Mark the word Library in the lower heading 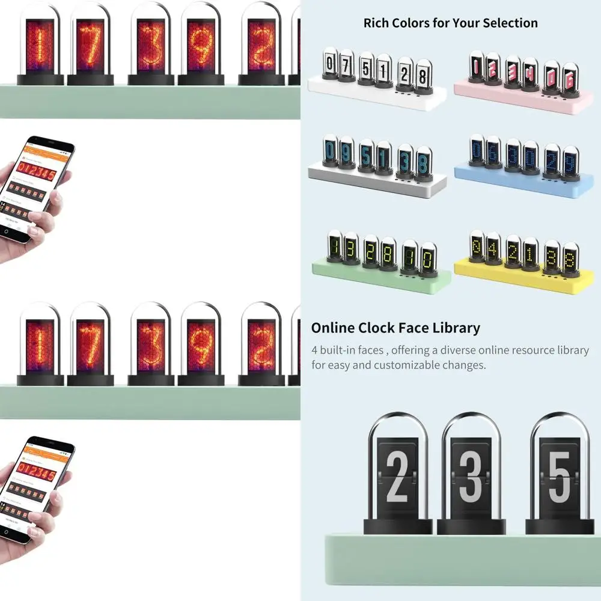click(457, 328)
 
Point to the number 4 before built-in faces click(315, 350)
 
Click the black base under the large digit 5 click(560, 526)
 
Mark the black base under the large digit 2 click(398, 526)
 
